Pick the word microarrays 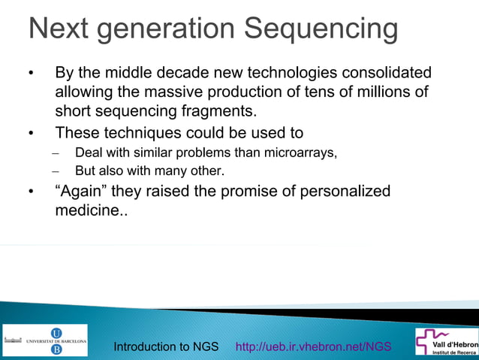click(x=299, y=153)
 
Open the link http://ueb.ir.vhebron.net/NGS click(x=313, y=346)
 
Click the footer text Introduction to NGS click(x=166, y=346)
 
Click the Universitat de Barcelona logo click(x=45, y=340)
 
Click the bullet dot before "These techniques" click(x=32, y=135)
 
